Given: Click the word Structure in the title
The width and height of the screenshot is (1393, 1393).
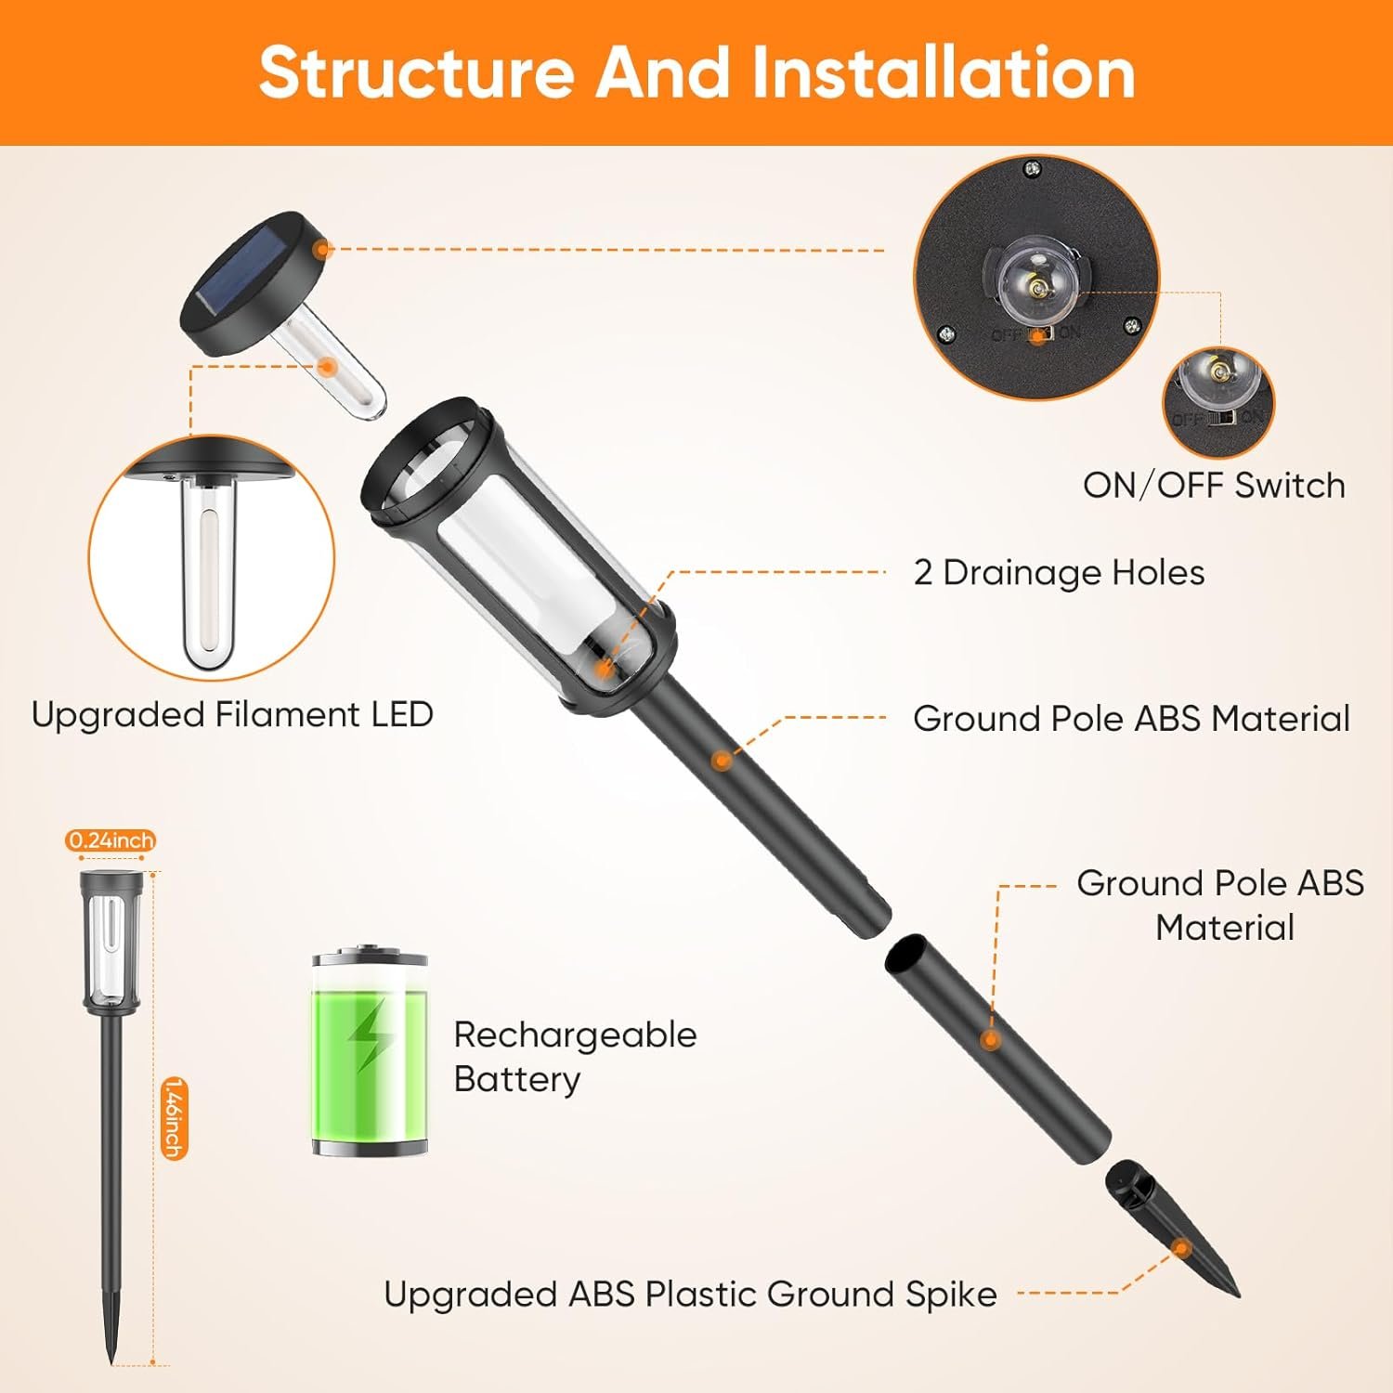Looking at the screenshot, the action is [416, 72].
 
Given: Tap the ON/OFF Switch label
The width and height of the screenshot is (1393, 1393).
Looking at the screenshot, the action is [1214, 485].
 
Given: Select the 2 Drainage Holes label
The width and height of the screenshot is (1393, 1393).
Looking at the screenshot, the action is [1059, 573].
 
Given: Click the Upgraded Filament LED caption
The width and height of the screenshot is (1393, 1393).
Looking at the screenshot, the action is [232, 714].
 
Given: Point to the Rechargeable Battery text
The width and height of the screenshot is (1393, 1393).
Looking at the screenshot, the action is [575, 1057].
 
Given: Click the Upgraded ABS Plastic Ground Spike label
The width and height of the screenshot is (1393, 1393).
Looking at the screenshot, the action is [690, 1294].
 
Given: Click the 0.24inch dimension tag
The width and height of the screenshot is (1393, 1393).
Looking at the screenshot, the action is [111, 840].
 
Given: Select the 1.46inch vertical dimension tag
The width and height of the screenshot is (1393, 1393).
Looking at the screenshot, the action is [174, 1118].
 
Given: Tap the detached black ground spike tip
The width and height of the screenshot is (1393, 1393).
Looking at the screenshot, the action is [1174, 1228].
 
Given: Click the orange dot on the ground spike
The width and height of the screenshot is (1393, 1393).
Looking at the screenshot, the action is [1181, 1249].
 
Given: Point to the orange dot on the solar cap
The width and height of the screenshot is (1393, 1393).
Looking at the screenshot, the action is [322, 249].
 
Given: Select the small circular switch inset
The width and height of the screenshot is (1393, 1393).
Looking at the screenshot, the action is [1218, 402].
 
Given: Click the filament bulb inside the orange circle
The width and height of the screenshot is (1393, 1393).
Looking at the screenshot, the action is [210, 572].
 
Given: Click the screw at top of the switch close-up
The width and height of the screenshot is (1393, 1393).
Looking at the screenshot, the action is [1031, 169].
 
